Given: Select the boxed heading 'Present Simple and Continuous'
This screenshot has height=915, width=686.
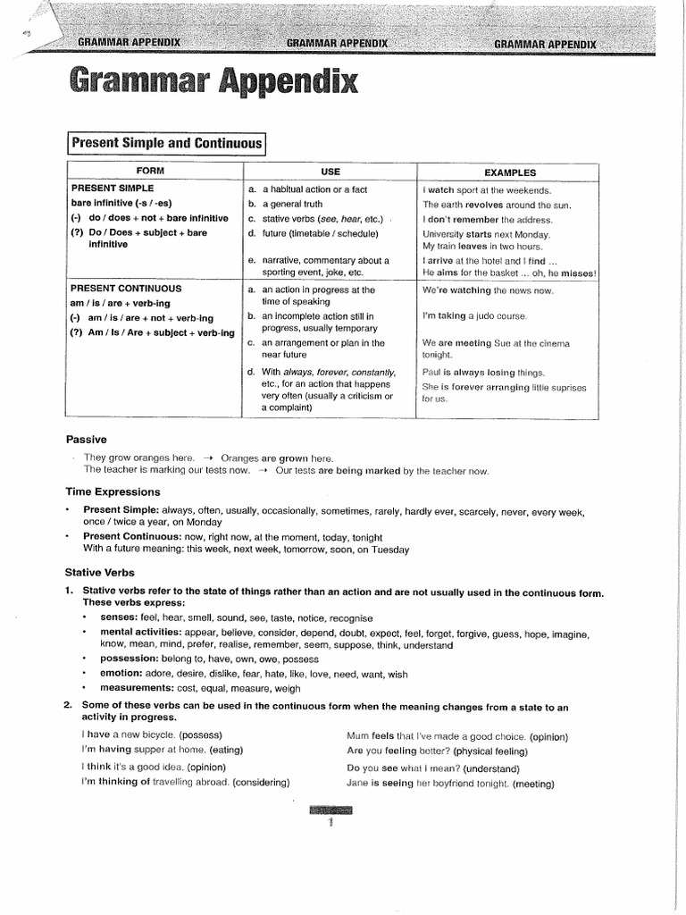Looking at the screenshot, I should coord(167,143).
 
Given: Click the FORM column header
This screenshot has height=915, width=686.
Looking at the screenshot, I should coord(149,171).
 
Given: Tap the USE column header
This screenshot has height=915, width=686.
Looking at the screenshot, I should coord(330,171).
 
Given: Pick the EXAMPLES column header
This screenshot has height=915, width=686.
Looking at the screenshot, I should coord(510,172).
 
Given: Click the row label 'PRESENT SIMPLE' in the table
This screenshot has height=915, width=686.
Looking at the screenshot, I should coord(113,189).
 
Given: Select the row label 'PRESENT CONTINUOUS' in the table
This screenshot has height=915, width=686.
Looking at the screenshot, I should coord(126,289).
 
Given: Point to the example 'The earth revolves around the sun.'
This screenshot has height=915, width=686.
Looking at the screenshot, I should coord(497,205).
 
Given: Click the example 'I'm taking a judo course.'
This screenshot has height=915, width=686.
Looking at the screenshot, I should coord(474,316).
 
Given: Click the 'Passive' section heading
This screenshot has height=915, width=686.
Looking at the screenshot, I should coord(87,439).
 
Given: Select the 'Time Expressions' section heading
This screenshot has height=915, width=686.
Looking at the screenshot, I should coord(113,491).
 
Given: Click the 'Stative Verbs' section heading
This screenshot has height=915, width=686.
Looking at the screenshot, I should coord(100,571).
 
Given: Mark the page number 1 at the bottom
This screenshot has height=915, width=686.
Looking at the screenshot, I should coord(330,824).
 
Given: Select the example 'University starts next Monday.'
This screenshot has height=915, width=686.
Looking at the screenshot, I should coord(488,234).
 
